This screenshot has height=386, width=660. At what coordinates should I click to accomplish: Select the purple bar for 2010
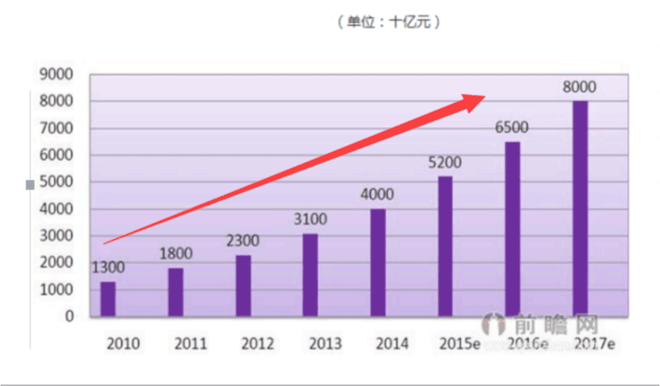tap(108, 299)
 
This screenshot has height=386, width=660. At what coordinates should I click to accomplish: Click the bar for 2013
tap(310, 275)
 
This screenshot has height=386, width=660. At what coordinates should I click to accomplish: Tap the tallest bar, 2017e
tap(580, 209)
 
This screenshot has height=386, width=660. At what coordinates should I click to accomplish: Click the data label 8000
tap(579, 87)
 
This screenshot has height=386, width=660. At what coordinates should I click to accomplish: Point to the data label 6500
tap(511, 128)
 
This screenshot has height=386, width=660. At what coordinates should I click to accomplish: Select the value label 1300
tap(108, 268)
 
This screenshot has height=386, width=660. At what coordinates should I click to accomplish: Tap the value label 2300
tap(243, 241)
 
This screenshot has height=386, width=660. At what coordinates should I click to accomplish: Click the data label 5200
tap(445, 163)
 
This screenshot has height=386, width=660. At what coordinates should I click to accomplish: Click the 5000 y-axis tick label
tap(56, 182)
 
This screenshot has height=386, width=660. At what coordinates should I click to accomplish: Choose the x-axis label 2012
tap(257, 344)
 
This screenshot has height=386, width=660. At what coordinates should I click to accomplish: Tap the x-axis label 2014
tap(392, 344)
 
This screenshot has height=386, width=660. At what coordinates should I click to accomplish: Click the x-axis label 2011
tap(190, 344)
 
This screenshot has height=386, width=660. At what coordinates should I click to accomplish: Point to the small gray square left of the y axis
tap(30, 186)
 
